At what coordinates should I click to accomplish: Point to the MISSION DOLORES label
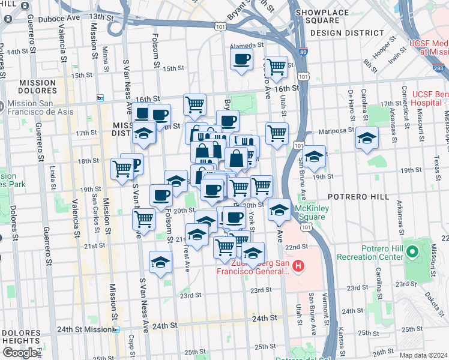pos(38,88)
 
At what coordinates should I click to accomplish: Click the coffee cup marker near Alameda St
pos(241,60)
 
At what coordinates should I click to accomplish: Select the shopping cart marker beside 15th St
pos(276,67)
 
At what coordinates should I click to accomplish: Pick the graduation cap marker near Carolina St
pos(367,139)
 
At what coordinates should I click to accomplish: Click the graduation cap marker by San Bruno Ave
pos(314,157)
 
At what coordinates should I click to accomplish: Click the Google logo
pos(20,353)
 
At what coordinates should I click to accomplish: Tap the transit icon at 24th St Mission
pos(115,329)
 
